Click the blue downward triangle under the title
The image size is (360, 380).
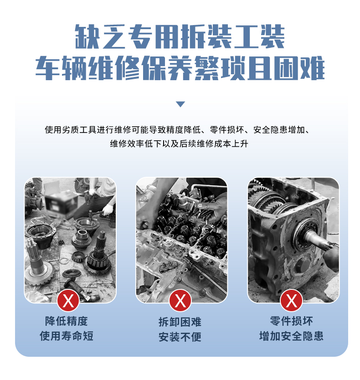pos(180,104)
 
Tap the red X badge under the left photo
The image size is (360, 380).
pos(68,301)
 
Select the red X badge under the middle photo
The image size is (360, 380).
pos(180,301)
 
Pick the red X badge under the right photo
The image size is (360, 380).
pos(291,301)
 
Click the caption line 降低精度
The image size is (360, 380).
pos(66,321)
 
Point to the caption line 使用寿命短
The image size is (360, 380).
pos(67,336)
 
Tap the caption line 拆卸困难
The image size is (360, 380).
pos(180,322)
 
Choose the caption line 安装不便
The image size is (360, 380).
pos(180,337)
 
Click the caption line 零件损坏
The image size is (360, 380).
pos(291,321)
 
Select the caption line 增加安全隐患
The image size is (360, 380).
pos(291,336)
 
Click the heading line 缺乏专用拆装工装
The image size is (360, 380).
pos(180,36)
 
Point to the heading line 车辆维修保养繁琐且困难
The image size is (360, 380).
pos(180,68)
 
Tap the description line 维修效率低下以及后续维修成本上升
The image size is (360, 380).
pos(179,144)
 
